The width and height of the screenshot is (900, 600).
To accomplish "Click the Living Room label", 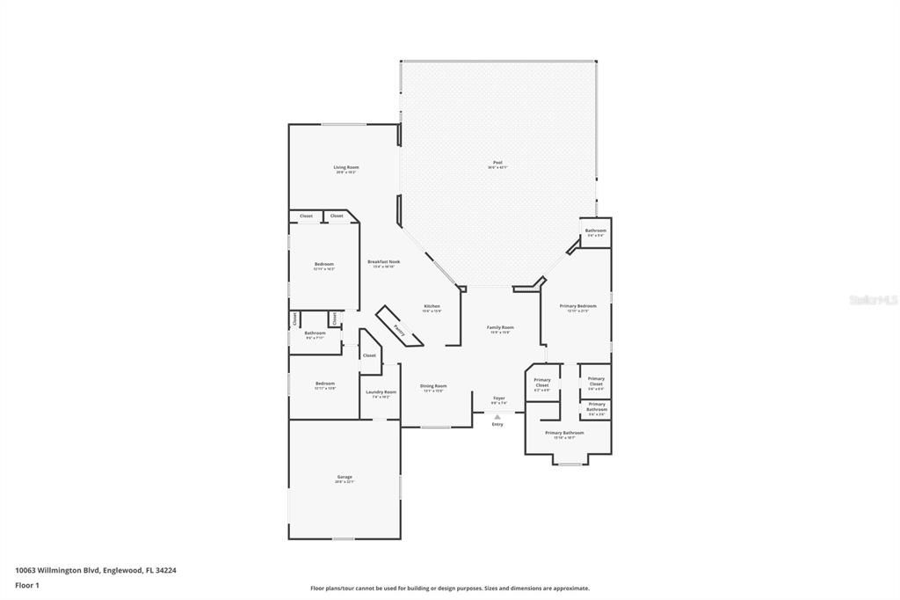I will pos(345,167).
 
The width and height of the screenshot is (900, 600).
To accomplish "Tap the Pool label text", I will pos(497,163).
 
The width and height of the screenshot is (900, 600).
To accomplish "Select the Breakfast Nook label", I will pos(383,262).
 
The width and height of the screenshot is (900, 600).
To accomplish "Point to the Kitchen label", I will pos(432,306).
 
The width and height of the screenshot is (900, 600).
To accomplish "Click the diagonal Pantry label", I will pos(398,331).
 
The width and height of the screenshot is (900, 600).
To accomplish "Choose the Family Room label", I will pos(500,327).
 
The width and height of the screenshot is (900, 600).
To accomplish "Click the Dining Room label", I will pos(433,386).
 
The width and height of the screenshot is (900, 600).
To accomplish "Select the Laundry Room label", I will pos(381,392).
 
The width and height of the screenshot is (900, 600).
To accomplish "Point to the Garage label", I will pos(344,478).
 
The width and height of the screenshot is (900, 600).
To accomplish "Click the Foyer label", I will pos(498,399).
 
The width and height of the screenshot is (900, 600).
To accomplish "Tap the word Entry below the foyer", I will pos(497,424).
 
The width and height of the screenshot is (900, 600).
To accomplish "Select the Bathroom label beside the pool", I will pos(596,230).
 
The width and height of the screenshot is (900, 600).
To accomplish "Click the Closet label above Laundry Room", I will pos(369,355).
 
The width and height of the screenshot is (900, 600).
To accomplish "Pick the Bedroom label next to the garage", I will pos(325,384).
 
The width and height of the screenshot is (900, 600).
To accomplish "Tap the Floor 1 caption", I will pos(27,585).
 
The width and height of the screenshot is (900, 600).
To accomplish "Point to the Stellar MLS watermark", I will pos(873,300).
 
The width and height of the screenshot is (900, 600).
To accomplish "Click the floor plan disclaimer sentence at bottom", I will pos(449,589).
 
